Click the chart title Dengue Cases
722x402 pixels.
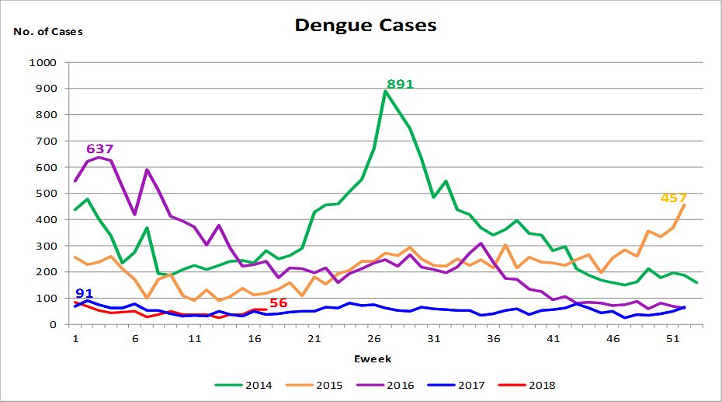point(366,25)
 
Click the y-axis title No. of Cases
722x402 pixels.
point(48,32)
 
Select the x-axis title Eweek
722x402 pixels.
point(373,358)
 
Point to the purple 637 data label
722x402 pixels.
point(100,149)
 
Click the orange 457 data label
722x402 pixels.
point(673,198)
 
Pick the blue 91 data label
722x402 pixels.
point(84,293)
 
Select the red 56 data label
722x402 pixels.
point(278,302)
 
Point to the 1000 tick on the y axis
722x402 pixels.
point(42,62)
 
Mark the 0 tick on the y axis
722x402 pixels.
point(54,324)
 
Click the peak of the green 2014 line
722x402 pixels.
point(385,91)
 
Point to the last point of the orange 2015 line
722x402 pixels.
point(684,204)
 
